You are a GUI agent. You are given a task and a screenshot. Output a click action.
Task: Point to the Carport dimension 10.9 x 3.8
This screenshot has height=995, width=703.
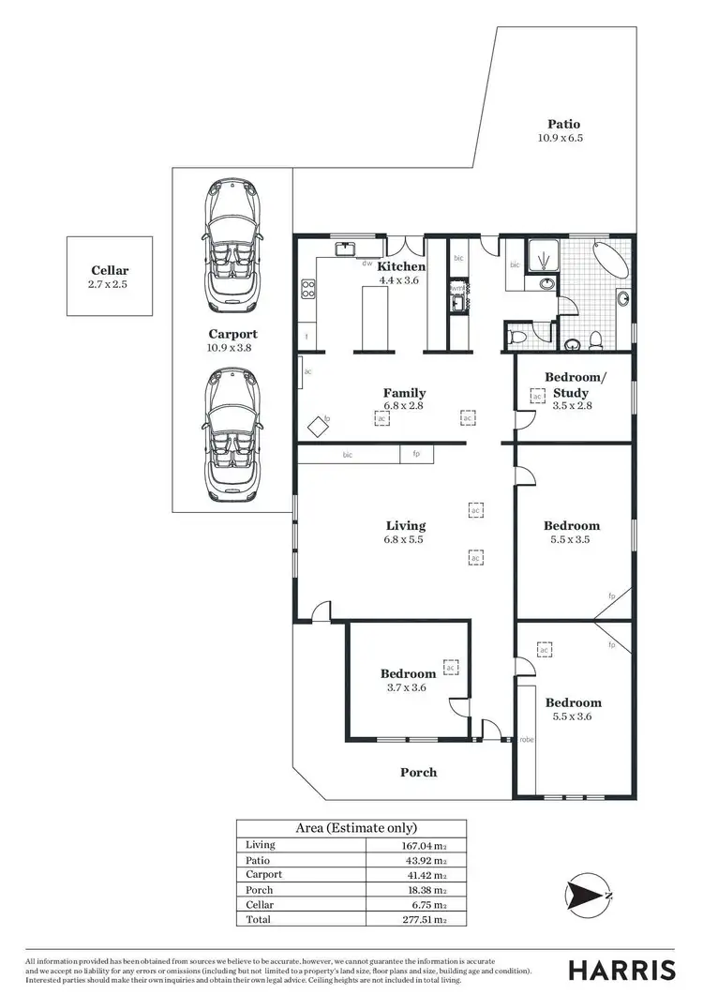[230, 347]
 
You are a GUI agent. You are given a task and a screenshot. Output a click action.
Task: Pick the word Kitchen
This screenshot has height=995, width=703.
[401, 266]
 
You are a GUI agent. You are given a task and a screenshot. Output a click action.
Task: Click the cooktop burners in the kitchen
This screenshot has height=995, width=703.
[307, 290]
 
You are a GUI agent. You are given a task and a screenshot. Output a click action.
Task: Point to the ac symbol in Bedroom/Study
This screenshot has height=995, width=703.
[537, 397]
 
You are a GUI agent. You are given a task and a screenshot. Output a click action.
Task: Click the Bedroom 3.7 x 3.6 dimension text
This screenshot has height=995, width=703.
[408, 687]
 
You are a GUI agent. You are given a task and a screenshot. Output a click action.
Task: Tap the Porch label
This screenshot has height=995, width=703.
[418, 772]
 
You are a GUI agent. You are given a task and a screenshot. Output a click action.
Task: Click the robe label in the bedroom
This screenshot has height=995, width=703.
[526, 740]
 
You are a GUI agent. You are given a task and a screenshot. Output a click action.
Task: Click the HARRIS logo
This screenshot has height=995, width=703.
[623, 969]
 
